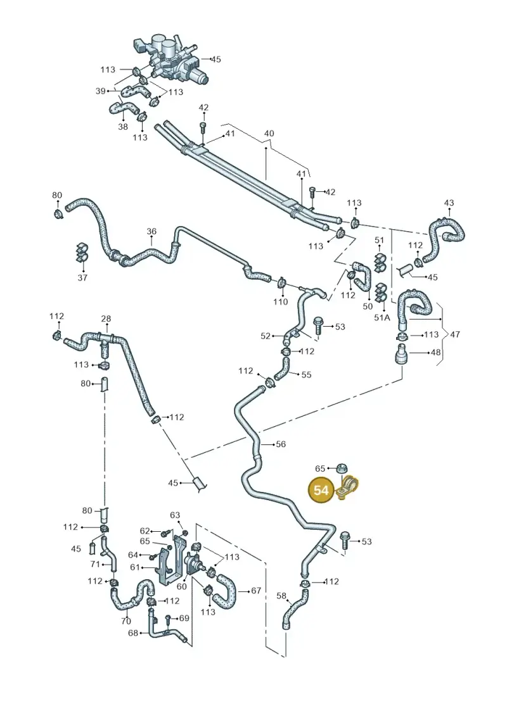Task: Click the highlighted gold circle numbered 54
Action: coord(321,490)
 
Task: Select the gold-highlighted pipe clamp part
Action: coord(349,487)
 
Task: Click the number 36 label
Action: coord(151,232)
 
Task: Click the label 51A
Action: coord(382,317)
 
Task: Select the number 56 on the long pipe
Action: coord(281,444)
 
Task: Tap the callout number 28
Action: coord(106,318)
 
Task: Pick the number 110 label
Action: coord(281,301)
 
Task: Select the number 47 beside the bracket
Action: coord(455,334)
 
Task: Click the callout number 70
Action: coord(126,621)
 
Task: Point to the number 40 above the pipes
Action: coord(269,134)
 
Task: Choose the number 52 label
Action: coord(266,336)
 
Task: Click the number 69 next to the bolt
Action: coord(184,619)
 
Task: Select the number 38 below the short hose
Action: coord(123,127)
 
